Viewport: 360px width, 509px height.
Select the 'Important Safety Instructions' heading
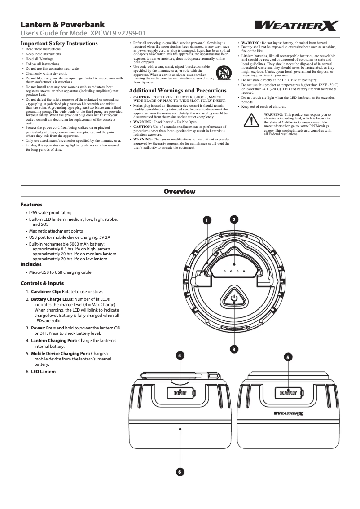point(59,44)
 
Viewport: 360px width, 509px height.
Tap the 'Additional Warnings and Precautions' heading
point(178,91)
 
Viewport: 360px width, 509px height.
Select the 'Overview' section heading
point(180,192)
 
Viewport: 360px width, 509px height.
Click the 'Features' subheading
point(31,205)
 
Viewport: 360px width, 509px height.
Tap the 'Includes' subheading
point(31,264)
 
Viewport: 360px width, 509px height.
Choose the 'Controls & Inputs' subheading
point(42,283)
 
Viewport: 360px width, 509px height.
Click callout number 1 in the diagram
point(206,220)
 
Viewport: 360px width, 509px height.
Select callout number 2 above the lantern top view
point(234,219)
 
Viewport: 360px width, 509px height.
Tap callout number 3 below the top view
point(234,349)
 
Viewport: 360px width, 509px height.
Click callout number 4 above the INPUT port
point(180,355)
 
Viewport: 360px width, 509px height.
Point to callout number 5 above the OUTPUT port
point(288,357)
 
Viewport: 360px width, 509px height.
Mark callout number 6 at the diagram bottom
point(180,472)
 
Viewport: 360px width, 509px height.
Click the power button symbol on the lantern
point(233,297)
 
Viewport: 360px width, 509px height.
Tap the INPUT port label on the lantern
point(180,393)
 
